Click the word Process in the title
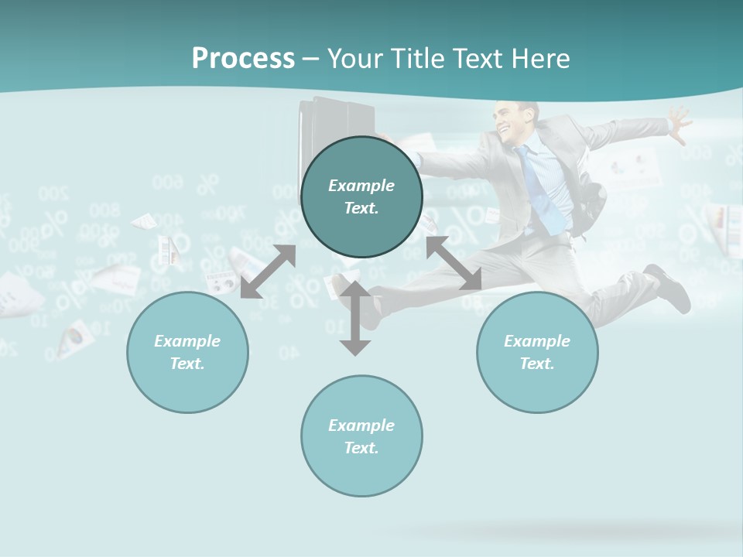point(243,59)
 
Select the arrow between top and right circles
point(454,263)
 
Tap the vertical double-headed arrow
point(355,317)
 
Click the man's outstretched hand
point(679,124)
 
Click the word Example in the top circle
point(361,186)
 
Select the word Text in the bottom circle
point(360,448)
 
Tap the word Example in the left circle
point(187,341)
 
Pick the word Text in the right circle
point(536,364)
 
